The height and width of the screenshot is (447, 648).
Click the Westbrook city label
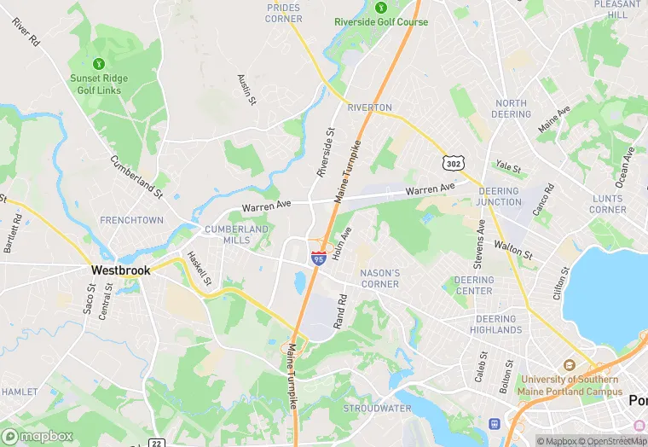[120, 270]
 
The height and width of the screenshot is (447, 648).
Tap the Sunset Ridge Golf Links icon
[98, 63]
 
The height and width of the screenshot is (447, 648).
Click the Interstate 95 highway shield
[317, 257]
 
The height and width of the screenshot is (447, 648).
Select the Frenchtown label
[131, 220]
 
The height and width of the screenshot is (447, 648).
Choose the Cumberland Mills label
[236, 235]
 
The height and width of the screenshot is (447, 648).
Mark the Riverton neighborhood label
[369, 107]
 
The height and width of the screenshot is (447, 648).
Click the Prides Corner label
[284, 13]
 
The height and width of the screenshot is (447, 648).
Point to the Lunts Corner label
[607, 204]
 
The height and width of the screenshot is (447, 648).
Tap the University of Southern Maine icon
[570, 364]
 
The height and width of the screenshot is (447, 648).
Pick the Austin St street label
[246, 89]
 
